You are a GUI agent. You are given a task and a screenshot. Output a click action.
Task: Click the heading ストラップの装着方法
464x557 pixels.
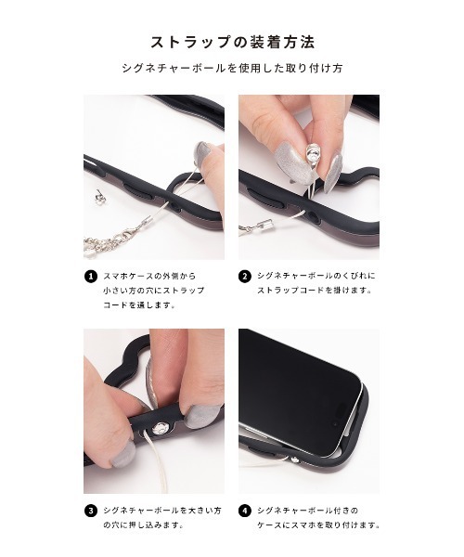(232, 43)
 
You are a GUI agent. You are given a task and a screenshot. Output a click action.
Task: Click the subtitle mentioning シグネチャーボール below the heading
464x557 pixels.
(232, 70)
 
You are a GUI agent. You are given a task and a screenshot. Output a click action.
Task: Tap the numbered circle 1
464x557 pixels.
(91, 276)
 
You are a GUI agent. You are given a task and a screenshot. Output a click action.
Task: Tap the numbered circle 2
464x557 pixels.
(246, 276)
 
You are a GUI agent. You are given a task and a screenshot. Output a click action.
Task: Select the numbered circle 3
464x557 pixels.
(91, 510)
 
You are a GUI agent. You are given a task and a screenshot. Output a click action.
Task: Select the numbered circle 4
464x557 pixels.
(246, 510)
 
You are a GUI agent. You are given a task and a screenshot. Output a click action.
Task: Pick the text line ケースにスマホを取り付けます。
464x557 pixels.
(319, 525)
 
